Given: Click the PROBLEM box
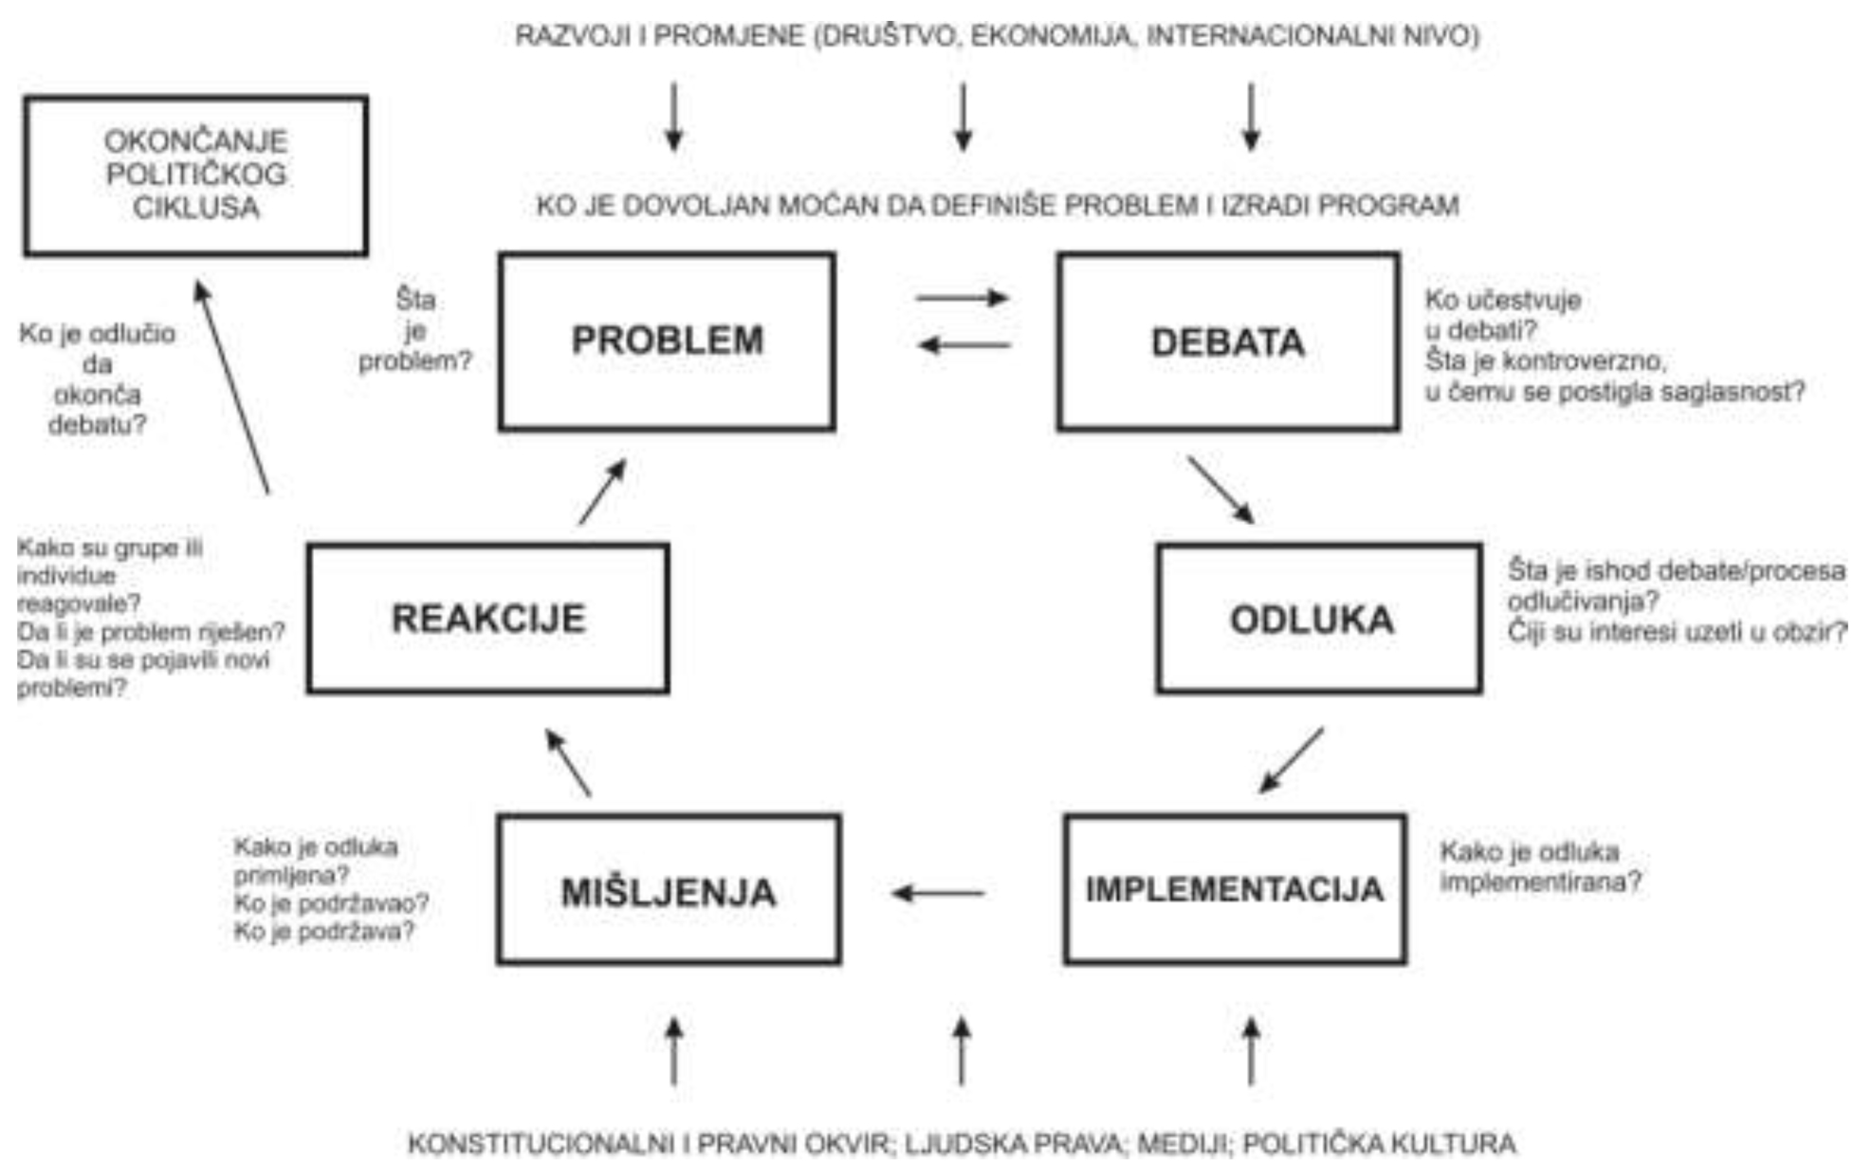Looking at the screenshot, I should click(x=667, y=342).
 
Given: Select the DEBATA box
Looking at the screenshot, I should click(x=1228, y=342).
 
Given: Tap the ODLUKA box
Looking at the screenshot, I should click(x=1318, y=619).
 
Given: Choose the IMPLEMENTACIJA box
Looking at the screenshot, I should click(x=1235, y=889).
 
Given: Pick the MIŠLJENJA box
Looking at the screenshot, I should click(x=669, y=890).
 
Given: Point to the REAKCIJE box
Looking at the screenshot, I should click(x=488, y=619).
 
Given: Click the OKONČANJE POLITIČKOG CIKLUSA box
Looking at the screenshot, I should click(x=195, y=176).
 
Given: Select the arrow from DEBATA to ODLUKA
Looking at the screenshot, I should click(x=1220, y=491).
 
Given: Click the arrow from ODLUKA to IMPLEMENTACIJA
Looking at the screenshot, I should click(x=1291, y=760).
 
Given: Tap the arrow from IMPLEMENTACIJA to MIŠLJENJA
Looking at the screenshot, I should click(x=939, y=893).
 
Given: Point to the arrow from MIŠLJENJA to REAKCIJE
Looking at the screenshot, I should click(x=568, y=762).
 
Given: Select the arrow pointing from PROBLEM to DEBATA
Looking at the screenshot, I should click(x=962, y=298).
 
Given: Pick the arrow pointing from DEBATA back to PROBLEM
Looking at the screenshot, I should click(x=964, y=344).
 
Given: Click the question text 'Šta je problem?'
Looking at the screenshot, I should click(x=414, y=330).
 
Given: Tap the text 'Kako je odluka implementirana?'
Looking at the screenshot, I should click(x=1540, y=866).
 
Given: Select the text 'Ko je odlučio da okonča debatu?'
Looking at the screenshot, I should click(x=97, y=380).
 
